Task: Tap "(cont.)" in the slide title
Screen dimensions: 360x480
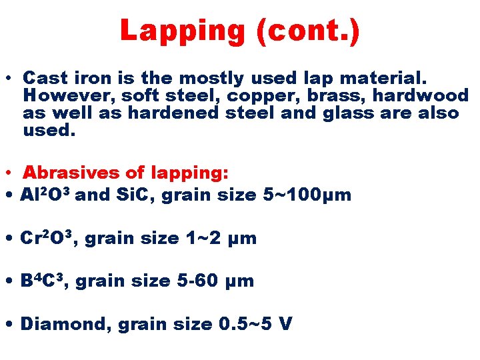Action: coord(306,31)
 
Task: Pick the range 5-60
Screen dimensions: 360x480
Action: coord(197,281)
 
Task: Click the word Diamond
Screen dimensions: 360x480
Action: coord(65,324)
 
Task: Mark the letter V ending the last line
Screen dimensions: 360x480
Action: coord(285,324)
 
